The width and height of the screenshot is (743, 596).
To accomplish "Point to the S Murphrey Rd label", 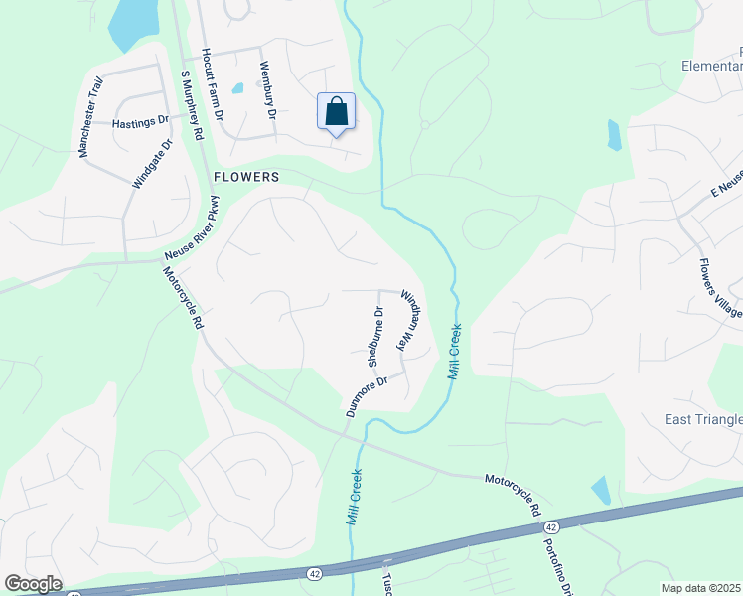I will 192,103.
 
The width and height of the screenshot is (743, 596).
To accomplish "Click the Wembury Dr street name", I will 266,88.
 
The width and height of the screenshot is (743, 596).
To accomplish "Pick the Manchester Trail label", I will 90,118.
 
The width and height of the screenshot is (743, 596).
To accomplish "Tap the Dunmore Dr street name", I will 365,395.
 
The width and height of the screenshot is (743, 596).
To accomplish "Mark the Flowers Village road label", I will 720,289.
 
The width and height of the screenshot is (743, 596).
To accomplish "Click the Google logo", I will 33,584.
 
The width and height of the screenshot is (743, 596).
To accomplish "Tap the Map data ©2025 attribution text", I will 701,588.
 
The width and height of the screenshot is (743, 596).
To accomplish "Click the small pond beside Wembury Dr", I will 237,87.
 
